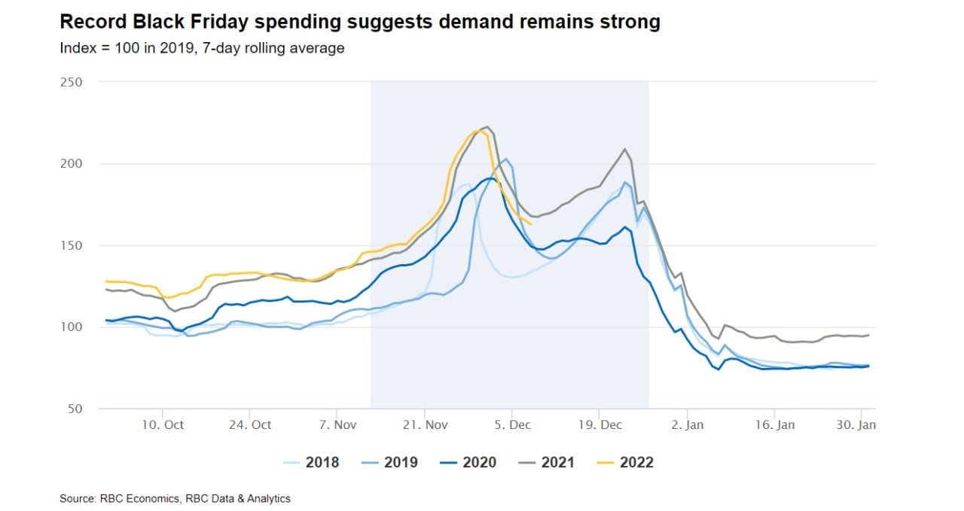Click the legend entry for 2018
pos(310,462)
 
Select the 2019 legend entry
pos(389,462)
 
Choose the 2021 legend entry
pos(546,462)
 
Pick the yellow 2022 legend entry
pos(624,462)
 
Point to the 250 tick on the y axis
pos(71,82)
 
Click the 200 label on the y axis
pos(71,163)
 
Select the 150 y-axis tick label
pos(71,245)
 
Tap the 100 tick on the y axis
pos(71,327)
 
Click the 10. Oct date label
pos(162,425)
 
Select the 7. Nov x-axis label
pos(337,425)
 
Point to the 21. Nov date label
pos(425,425)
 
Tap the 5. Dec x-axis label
pos(511,425)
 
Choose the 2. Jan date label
pos(686,425)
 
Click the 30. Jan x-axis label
pos(857,425)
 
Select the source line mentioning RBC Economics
pos(175,498)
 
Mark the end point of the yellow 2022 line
pos(532,224)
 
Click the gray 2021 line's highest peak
pos(487,126)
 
